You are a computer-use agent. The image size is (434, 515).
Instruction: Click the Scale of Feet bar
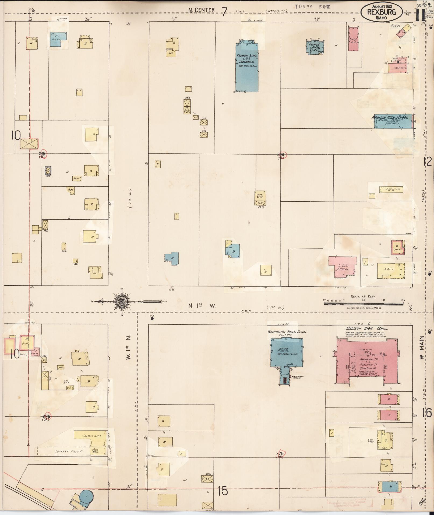[364, 303]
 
